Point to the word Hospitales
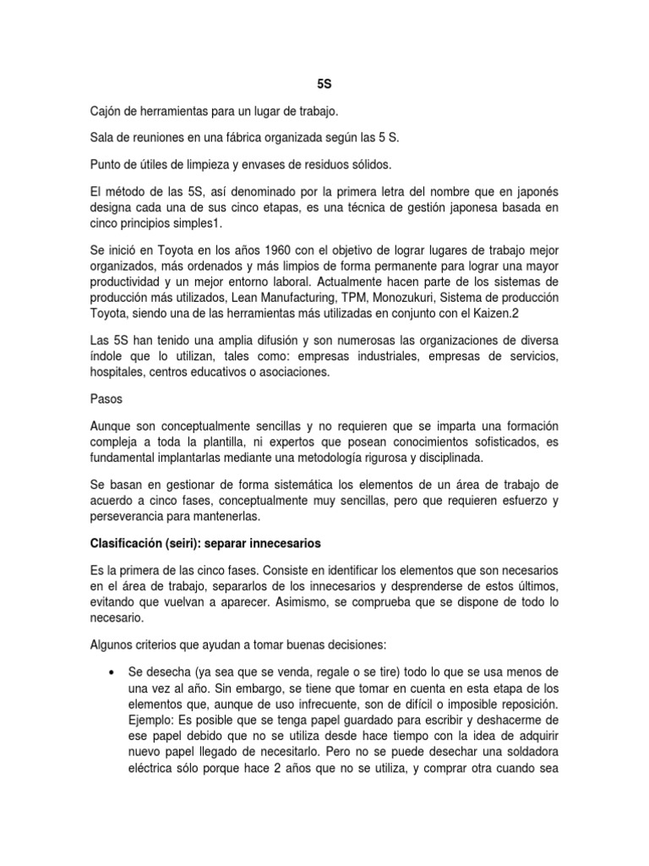pos(119,373)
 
